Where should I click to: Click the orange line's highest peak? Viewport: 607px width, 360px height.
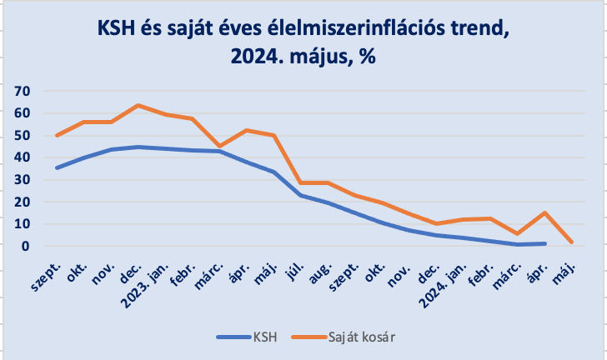tap(138, 106)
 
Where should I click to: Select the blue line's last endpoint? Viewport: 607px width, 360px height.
tap(544, 243)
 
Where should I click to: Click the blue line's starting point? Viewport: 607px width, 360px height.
tap(57, 167)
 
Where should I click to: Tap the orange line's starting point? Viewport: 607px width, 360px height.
tap(57, 135)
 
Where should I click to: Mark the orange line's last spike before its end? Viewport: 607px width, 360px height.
tap(544, 212)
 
